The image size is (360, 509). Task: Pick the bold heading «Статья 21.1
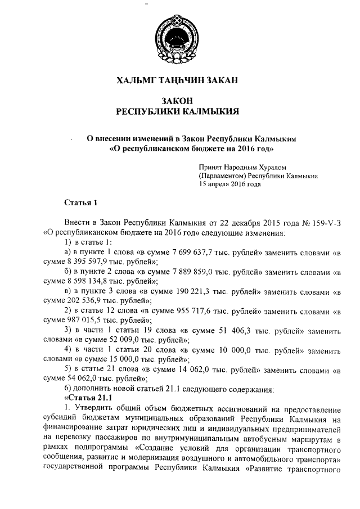point(82,398)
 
